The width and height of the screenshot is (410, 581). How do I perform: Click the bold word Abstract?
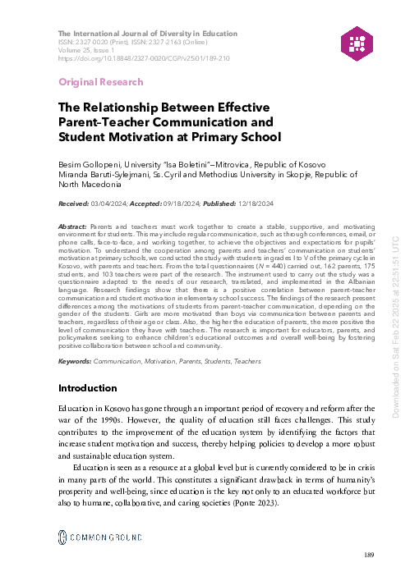(x=74, y=226)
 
